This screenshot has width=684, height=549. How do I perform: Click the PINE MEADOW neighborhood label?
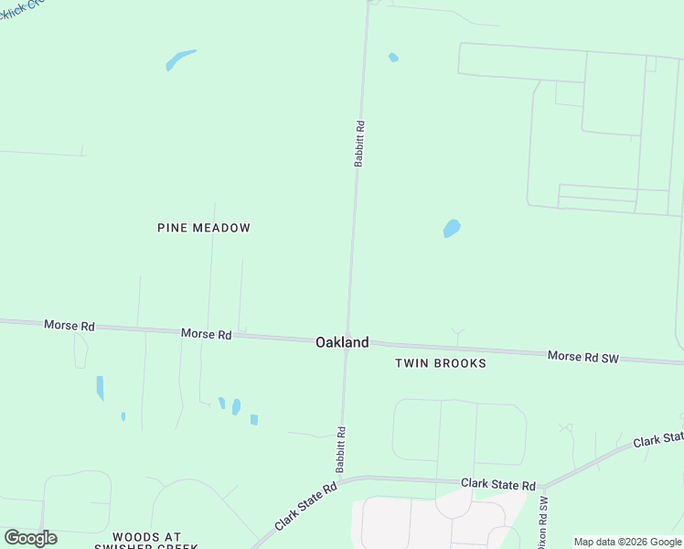[x=204, y=228]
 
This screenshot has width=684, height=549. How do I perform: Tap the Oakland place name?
[x=342, y=342]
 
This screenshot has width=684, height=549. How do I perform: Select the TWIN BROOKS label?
[x=440, y=363]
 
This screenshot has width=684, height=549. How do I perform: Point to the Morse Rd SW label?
[x=582, y=356]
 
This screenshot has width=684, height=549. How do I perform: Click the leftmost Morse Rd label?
[x=69, y=325]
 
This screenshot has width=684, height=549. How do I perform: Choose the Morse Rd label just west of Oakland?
[x=206, y=335]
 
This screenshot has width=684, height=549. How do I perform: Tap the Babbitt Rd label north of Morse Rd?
[x=360, y=143]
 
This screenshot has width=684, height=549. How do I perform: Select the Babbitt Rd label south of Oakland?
[x=340, y=448]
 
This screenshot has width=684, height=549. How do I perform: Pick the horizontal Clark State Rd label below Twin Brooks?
[x=497, y=483]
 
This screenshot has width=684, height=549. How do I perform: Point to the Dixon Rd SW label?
[x=543, y=523]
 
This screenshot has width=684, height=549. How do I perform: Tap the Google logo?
[x=30, y=538]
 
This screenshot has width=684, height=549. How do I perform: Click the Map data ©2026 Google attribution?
[x=627, y=542]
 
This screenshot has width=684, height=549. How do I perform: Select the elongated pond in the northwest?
[x=180, y=59]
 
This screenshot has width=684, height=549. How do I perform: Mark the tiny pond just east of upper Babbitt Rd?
[x=393, y=58]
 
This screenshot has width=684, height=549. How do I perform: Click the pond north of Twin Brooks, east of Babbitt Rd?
[x=452, y=228]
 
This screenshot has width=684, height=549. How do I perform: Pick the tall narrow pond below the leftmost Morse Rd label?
[x=100, y=387]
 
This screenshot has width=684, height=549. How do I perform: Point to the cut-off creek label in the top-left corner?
[x=20, y=7]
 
